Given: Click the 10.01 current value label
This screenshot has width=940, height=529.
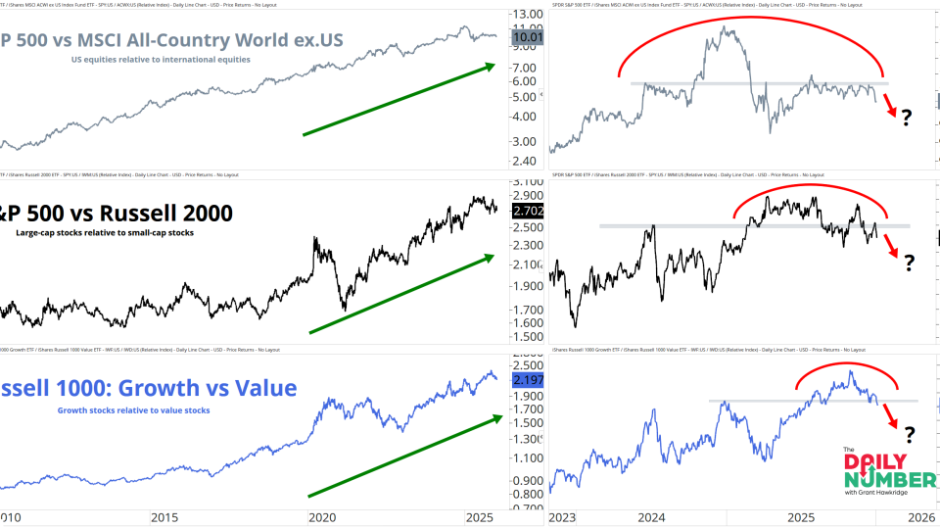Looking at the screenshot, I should coord(528,37).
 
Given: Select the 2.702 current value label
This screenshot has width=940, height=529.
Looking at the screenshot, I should coord(528,210).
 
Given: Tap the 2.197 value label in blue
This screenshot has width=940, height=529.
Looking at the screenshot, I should coord(528,379).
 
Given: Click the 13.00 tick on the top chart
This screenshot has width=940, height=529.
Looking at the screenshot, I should coord(528,15).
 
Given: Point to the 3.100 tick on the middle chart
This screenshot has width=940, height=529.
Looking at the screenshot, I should coord(528,183).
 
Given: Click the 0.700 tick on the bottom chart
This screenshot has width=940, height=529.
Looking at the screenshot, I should coord(528,507).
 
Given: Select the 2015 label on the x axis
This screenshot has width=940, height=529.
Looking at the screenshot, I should coord(164,517).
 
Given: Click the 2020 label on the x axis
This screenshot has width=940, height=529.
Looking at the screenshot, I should coord(322,517).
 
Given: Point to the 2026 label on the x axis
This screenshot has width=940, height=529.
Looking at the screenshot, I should coord(919,517).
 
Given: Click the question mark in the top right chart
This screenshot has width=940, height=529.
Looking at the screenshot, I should coord(907,119).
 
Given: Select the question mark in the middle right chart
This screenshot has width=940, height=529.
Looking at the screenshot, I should coord(909,263).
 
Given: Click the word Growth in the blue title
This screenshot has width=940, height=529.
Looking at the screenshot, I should coord(164,388).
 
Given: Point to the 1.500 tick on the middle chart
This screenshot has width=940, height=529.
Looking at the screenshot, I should coord(528,336).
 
